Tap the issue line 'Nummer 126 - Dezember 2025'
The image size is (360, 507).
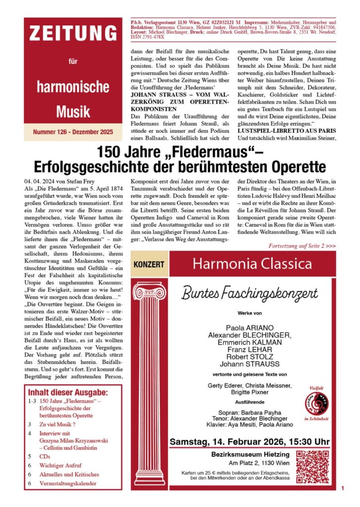point(73,132)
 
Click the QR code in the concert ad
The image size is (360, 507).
point(313,467)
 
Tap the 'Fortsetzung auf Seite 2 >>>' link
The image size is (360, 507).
point(303,246)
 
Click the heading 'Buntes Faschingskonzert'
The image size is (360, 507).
point(250,293)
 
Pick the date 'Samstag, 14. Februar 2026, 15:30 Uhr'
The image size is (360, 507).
point(250,442)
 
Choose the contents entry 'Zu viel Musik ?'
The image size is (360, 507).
point(58,424)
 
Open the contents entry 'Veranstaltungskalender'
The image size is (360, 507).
point(68,483)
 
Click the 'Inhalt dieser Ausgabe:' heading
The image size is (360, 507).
point(68,393)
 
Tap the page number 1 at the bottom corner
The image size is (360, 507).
point(342,489)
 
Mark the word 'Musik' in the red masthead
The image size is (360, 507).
point(73,111)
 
